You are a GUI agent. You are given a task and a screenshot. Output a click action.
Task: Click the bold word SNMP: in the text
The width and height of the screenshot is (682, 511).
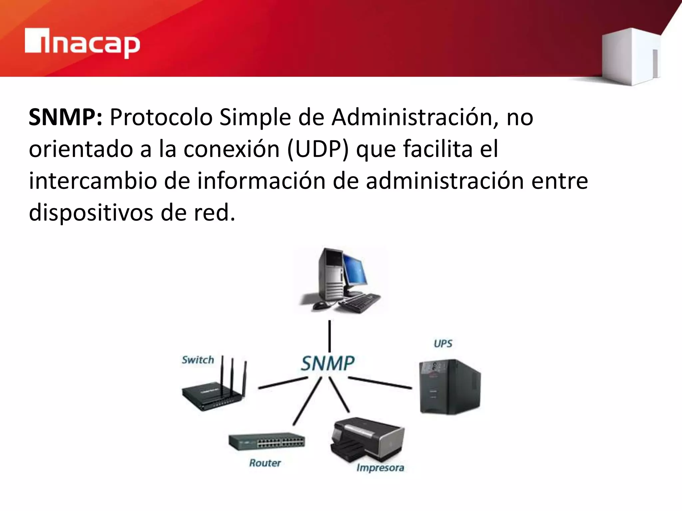pyautogui.click(x=66, y=118)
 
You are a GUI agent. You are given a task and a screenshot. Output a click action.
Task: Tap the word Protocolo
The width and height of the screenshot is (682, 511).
pyautogui.click(x=161, y=118)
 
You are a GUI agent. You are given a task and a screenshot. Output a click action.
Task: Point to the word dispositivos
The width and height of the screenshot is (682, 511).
pyautogui.click(x=91, y=213)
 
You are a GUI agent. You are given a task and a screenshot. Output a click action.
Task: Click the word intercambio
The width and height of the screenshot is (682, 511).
pyautogui.click(x=93, y=181)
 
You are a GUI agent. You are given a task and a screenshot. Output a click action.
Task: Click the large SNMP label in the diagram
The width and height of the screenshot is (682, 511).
pyautogui.click(x=328, y=363)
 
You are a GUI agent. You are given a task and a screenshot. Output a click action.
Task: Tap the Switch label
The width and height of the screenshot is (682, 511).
pyautogui.click(x=197, y=360)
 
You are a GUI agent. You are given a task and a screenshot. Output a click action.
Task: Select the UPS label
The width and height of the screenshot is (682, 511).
pyautogui.click(x=443, y=343)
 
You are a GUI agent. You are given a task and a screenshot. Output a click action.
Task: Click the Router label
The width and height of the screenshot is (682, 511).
pyautogui.click(x=265, y=463)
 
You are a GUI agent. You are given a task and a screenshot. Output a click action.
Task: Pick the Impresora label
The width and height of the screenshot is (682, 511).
pyautogui.click(x=380, y=467)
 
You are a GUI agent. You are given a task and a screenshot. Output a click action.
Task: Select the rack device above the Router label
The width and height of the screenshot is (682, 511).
pyautogui.click(x=266, y=441)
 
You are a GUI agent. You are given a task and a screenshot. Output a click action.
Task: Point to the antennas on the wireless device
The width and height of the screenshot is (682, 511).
pyautogui.click(x=233, y=374)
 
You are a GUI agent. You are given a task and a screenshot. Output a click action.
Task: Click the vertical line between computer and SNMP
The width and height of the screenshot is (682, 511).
pyautogui.click(x=329, y=336)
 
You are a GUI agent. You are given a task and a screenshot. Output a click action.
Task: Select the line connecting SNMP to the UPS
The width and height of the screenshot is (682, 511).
pyautogui.click(x=380, y=383)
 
